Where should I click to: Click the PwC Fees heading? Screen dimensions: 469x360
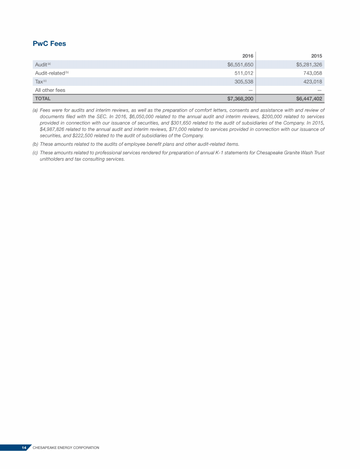(x=49, y=44)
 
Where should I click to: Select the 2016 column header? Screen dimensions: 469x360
(x=247, y=56)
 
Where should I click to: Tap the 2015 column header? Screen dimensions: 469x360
(x=316, y=56)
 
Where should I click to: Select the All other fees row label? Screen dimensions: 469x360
(x=50, y=90)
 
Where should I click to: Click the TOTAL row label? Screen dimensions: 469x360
(x=43, y=99)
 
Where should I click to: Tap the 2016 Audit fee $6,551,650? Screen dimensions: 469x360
(x=237, y=65)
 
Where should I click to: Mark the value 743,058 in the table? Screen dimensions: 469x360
(x=312, y=73)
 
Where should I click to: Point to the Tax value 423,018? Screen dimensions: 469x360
(x=312, y=82)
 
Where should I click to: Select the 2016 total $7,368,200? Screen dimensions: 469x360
(x=237, y=99)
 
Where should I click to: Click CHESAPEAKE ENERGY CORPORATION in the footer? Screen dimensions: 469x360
(x=66, y=448)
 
